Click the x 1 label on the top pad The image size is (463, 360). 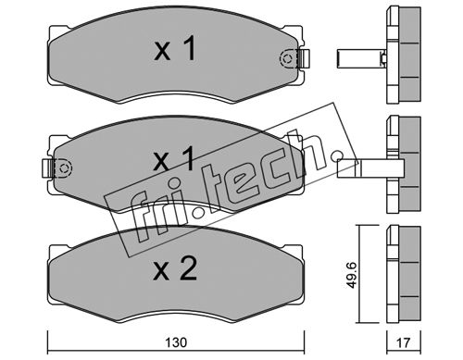click(x=175, y=48)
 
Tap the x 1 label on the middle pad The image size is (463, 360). click(x=174, y=158)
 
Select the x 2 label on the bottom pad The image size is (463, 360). click(x=175, y=269)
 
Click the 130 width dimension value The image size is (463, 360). click(x=176, y=342)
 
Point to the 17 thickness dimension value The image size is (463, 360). click(x=404, y=342)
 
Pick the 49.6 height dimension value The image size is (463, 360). click(x=351, y=275)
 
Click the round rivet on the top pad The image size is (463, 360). click(x=287, y=58)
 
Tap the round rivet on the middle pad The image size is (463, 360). click(x=64, y=168)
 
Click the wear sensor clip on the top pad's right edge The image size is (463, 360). click(x=305, y=58)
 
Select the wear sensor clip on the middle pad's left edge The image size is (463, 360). click(x=47, y=168)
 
